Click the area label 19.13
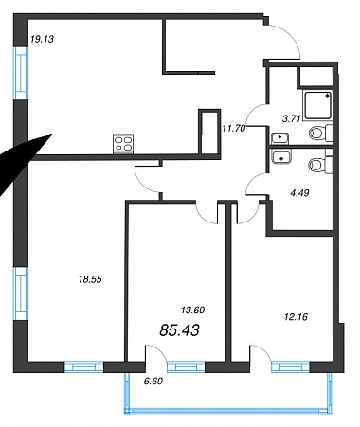[x=43, y=39]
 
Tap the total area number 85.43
[x=179, y=330]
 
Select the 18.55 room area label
[x=90, y=279]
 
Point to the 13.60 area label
[x=193, y=311]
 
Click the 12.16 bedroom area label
[x=296, y=317]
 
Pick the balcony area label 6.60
[x=153, y=382]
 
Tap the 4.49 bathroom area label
[x=299, y=192]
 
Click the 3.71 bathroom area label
[x=291, y=118]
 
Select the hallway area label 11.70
[x=234, y=129]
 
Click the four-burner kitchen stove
[x=123, y=144]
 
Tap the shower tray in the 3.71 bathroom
[x=317, y=105]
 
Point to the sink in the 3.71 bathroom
[x=279, y=138]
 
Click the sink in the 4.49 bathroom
[x=281, y=156]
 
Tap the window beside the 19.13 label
[x=21, y=73]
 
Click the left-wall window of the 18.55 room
[x=21, y=294]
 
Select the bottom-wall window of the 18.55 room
[x=84, y=366]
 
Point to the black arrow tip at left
[x=51, y=135]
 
